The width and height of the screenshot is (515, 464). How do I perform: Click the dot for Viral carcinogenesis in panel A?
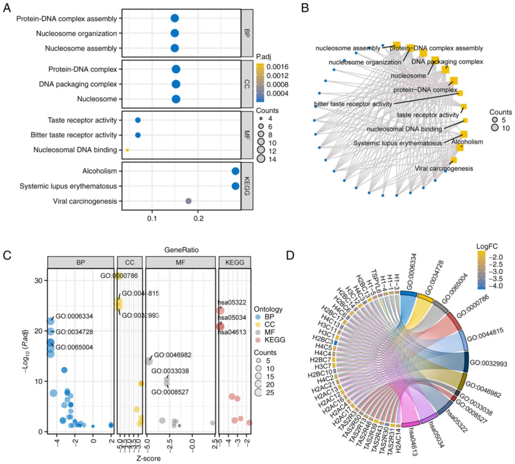tap(188, 201)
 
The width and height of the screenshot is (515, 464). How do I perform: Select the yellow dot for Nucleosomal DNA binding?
tap(127, 150)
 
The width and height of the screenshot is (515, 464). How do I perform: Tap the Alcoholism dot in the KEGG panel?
tap(235, 171)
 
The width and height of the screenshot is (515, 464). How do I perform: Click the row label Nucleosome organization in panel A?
tap(76, 33)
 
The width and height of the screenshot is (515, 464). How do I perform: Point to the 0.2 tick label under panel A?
tap(198, 219)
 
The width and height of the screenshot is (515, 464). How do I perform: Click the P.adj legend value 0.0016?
tap(277, 67)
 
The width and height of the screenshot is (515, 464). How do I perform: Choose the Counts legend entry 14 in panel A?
tap(272, 159)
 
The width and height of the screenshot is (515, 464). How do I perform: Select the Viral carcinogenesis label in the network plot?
tap(444, 168)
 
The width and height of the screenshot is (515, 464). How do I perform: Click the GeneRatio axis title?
tap(181, 249)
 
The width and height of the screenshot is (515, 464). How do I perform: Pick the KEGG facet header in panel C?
tap(235, 262)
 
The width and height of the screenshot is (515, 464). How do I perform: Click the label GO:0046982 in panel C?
tap(172, 355)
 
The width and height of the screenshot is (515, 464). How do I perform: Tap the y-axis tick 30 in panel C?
tap(38, 280)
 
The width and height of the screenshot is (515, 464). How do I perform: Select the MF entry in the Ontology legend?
tap(269, 332)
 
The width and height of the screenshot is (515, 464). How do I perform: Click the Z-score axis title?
tap(149, 458)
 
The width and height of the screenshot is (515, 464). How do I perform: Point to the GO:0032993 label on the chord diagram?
tap(488, 363)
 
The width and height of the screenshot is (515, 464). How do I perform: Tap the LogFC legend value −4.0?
tap(496, 286)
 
